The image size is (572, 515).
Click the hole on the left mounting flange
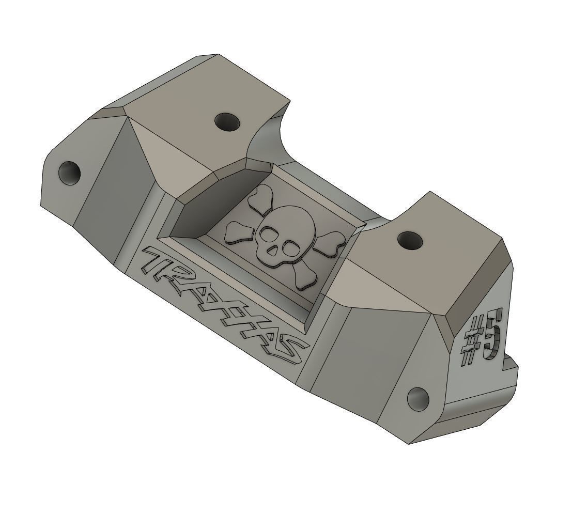tap(70, 173)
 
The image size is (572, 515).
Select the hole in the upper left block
tap(228, 122)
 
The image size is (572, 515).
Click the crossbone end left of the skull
tap(237, 232)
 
